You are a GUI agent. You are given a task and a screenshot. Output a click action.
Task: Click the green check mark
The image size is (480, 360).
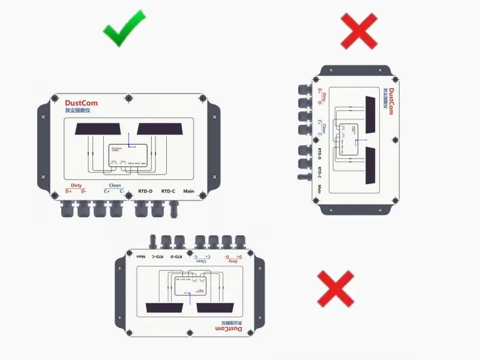125,28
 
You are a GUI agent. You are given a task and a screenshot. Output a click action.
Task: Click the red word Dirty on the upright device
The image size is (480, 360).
76,185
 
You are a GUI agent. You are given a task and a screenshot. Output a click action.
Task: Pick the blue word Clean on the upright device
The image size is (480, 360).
114,185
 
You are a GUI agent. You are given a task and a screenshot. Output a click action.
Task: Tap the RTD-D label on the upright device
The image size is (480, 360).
145,191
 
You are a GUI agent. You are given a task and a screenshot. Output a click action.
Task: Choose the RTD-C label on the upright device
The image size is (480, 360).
168,191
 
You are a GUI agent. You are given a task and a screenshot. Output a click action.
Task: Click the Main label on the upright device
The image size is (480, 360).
189,191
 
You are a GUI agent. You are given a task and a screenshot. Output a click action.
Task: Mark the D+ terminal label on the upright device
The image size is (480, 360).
68,191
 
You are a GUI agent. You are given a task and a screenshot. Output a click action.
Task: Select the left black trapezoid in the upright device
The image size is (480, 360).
98,128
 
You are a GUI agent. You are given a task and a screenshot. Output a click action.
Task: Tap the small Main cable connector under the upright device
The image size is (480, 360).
174,209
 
